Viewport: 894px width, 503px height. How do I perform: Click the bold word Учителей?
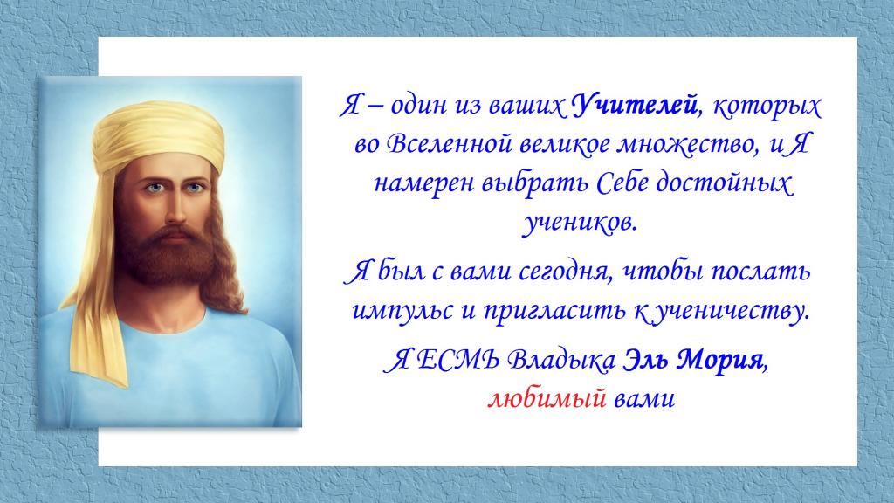(x=635, y=106)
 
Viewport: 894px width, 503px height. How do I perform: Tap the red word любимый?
(x=547, y=398)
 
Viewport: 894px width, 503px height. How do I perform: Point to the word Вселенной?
(x=450, y=144)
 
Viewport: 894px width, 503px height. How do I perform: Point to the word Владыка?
(x=561, y=361)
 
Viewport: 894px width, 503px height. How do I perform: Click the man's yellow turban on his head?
(x=159, y=133)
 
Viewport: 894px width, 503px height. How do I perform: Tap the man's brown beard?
(x=168, y=254)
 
